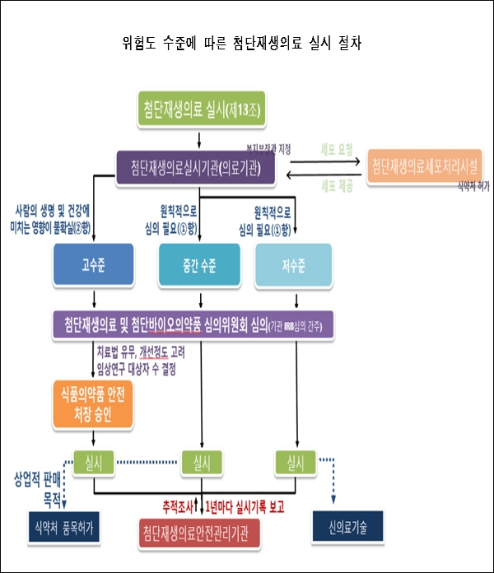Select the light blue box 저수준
[294, 266]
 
